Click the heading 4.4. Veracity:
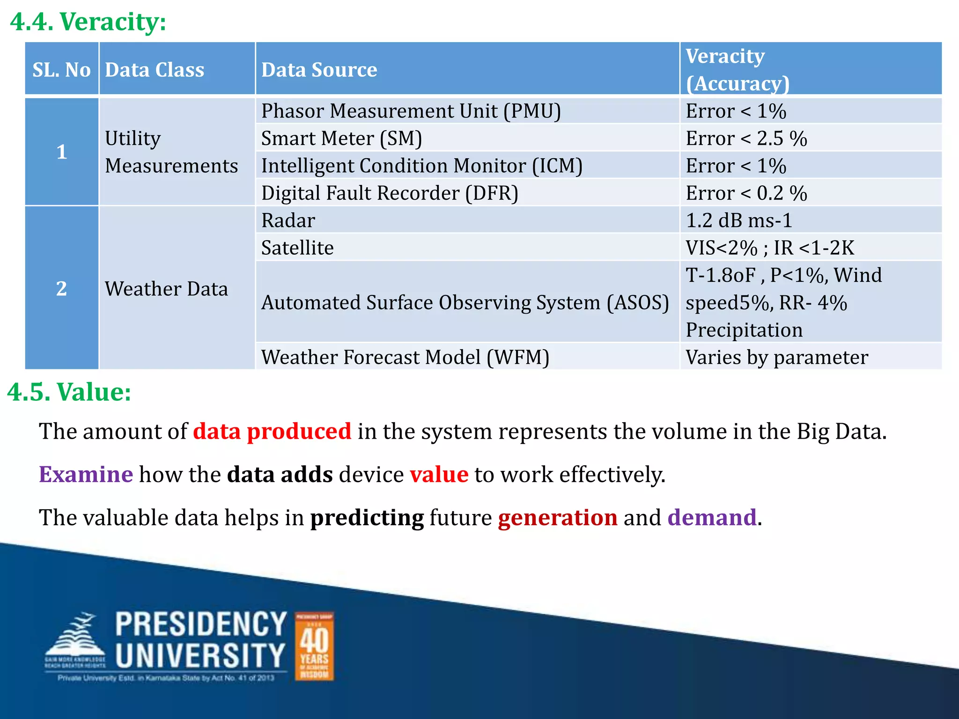point(88,22)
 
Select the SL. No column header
point(61,70)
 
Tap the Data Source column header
point(319,70)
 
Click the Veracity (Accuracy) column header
point(738,69)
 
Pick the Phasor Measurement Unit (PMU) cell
point(411,111)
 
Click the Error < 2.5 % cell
point(746,139)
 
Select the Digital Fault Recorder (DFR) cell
point(390,193)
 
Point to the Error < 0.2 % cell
point(746,193)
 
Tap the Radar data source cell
point(288,220)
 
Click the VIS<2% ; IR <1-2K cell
point(770,248)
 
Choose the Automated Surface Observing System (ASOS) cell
point(465,302)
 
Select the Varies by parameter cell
point(777,357)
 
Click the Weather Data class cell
point(166,288)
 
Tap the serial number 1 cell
point(61,152)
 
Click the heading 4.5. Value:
point(69,392)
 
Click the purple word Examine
point(86,474)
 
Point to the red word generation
point(557,518)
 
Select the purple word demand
point(712,518)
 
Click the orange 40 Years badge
point(314,646)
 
